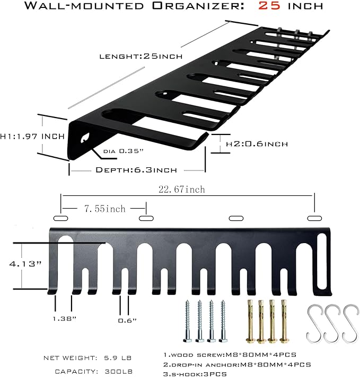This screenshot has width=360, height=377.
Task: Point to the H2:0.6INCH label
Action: [x=257, y=143]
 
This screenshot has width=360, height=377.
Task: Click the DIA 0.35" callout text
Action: [x=124, y=151]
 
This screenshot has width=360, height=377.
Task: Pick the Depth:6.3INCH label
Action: [x=136, y=169]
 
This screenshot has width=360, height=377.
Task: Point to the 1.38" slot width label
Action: [x=63, y=319]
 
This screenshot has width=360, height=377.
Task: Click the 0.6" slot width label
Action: [x=128, y=320]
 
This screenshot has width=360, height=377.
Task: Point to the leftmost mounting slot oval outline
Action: [x=61, y=218]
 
